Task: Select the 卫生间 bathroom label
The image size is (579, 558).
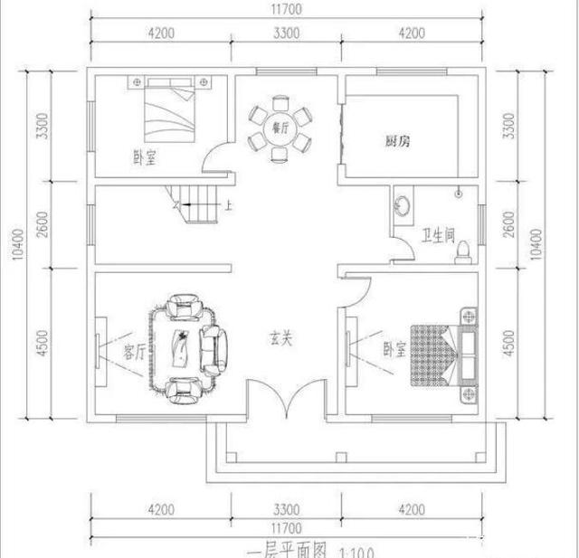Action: coord(437,238)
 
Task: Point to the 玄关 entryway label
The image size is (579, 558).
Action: coord(280,339)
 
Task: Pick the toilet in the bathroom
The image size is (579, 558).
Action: coord(462,251)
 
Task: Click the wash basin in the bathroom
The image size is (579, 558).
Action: coord(402,203)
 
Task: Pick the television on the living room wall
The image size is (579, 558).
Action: coord(99,348)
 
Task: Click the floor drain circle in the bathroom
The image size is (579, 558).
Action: coord(459,191)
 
